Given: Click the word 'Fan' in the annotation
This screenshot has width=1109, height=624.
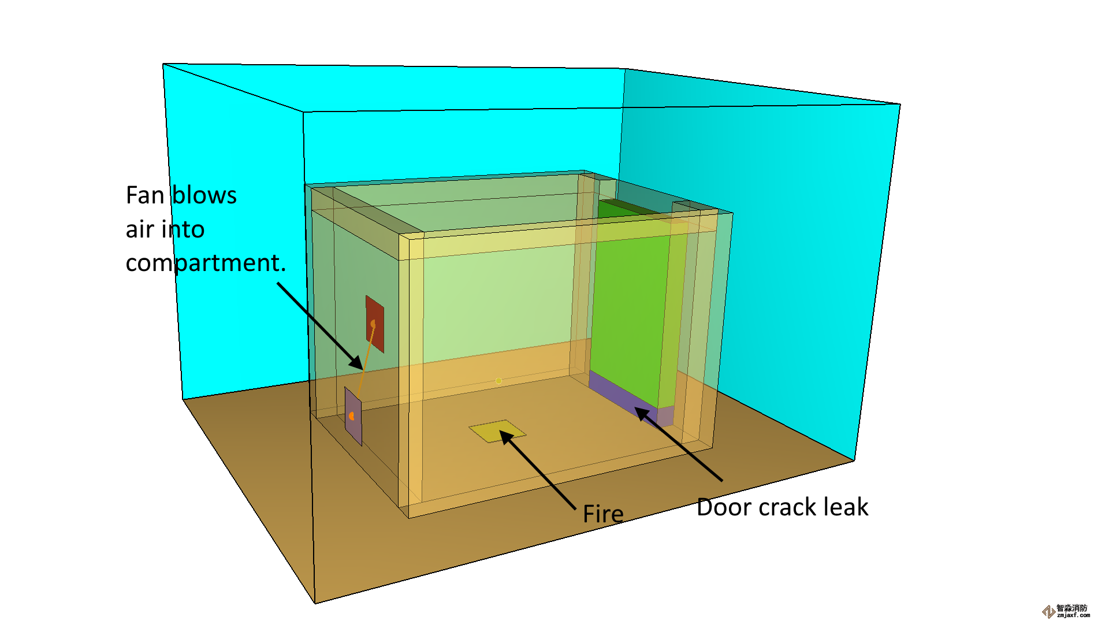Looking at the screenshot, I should (x=145, y=196).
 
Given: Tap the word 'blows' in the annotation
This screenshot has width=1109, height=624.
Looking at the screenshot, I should (x=204, y=196).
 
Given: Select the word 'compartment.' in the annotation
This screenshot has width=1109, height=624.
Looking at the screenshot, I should (x=206, y=263).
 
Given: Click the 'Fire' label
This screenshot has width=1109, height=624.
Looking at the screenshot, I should (x=603, y=514).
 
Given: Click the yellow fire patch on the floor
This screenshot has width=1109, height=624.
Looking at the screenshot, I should (x=497, y=431).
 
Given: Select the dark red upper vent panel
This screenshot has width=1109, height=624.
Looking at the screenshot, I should (x=375, y=324).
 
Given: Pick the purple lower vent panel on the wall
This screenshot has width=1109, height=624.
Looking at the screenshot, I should (x=353, y=416).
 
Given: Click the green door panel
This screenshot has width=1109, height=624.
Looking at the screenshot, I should (x=630, y=300).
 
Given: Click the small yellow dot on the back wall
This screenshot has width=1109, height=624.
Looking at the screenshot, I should (x=498, y=381).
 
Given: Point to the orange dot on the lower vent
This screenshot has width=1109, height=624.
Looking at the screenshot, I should (x=351, y=416).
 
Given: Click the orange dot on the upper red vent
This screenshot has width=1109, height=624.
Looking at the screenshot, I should (x=373, y=324).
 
